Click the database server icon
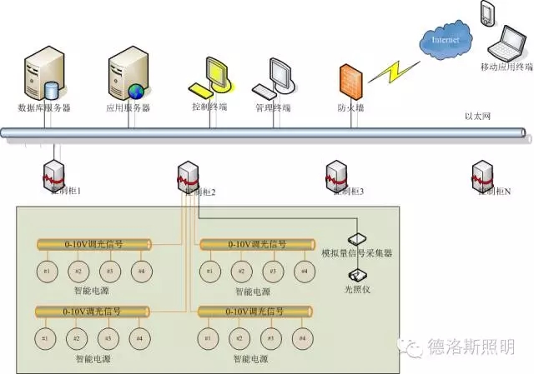43,75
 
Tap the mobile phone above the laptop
487,12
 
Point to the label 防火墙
349,107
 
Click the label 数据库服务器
44,108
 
